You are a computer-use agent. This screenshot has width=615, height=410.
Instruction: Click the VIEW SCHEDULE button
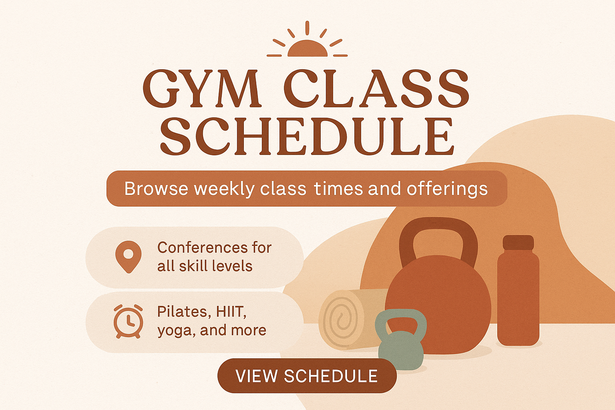pyautogui.click(x=307, y=376)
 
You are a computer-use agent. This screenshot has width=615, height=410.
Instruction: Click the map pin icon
pyautogui.click(x=129, y=257)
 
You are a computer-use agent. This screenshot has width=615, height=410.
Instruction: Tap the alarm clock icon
pyautogui.click(x=129, y=321)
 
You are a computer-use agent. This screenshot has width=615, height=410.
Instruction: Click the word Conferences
pyautogui.click(x=199, y=247)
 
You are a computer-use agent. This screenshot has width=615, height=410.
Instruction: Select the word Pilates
pyautogui.click(x=182, y=312)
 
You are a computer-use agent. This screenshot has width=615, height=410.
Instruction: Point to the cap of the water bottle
pyautogui.click(x=519, y=243)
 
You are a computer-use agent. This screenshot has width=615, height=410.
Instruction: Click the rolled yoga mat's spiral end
pyautogui.click(x=341, y=320)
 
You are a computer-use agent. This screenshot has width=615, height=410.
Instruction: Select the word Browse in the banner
pyautogui.click(x=156, y=189)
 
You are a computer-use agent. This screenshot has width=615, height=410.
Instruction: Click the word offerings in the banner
pyautogui.click(x=447, y=189)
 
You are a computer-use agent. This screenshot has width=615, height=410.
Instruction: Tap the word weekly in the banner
pyautogui.click(x=224, y=189)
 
